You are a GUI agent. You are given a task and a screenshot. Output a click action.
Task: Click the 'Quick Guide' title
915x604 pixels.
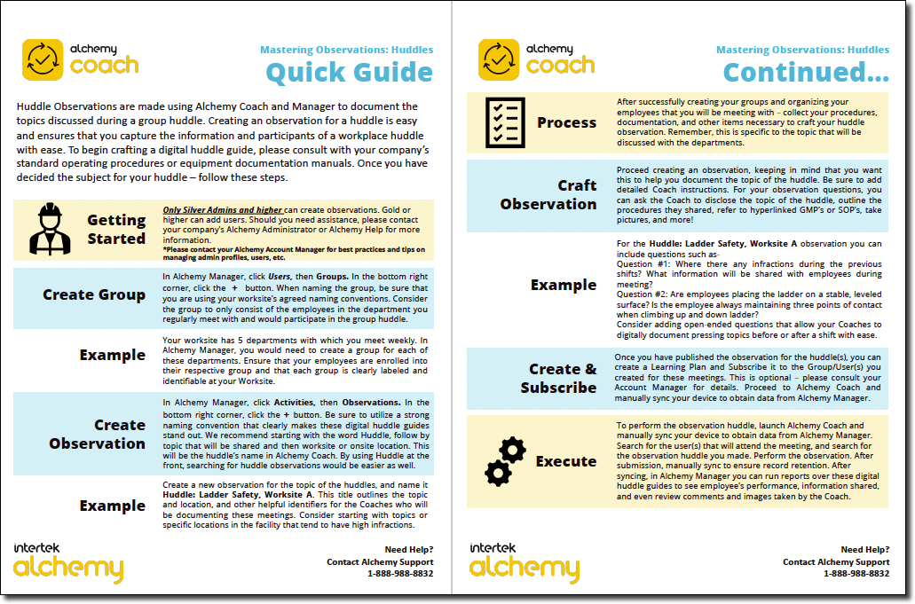[x=349, y=72]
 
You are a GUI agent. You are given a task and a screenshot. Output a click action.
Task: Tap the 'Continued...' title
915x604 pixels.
[x=806, y=72]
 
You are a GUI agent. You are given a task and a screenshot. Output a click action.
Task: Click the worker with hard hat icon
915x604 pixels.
[x=51, y=229]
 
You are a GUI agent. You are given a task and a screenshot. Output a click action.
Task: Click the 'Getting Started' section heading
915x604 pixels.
[x=116, y=229]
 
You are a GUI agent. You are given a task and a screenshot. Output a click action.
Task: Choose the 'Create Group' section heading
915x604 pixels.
[x=94, y=294]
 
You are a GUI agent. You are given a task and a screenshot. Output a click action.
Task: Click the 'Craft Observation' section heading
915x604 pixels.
[x=548, y=194]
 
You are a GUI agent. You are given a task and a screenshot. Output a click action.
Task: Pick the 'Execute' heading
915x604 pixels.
[x=565, y=461]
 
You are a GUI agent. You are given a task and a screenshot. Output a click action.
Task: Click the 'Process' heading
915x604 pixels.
[x=566, y=122]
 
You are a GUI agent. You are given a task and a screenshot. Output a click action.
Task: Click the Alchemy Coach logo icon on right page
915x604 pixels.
[x=499, y=59]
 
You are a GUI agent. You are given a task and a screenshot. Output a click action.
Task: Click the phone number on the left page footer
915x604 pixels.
[x=400, y=574]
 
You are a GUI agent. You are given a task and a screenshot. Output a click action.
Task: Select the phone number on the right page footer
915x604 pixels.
[x=856, y=574]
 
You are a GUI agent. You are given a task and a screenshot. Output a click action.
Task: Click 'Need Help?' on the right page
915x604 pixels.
[x=864, y=550]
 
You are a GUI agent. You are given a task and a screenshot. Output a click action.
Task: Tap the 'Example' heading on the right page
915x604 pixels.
[x=563, y=285]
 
